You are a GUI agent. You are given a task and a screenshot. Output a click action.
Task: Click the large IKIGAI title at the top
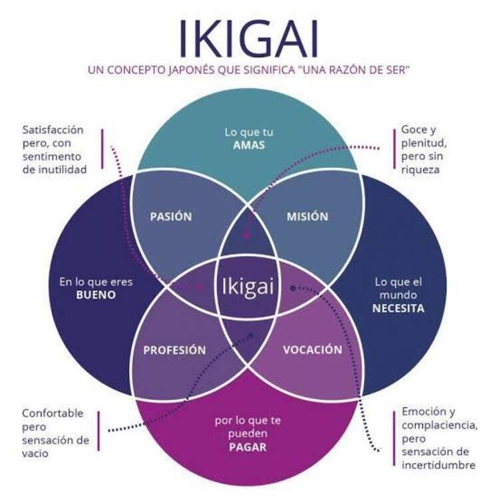249,39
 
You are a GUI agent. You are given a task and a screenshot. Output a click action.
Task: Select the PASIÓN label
171,216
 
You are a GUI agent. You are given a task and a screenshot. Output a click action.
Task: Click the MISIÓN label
307,216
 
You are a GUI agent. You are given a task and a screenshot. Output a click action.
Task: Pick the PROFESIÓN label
174,350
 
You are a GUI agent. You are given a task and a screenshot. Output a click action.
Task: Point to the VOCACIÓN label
313,349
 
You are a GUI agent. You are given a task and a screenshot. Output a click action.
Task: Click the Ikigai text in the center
248,287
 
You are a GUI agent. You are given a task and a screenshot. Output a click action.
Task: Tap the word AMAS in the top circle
249,145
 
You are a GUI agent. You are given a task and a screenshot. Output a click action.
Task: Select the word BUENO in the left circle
96,295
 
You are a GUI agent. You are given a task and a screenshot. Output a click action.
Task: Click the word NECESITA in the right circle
399,308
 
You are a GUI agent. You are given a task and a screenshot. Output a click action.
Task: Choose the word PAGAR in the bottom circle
248,447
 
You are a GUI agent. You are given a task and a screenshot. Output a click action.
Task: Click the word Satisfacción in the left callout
53,130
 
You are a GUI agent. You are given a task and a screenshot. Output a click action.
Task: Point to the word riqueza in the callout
420,170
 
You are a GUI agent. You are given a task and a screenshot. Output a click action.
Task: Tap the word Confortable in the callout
53,413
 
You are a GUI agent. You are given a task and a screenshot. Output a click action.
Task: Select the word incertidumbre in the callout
438,465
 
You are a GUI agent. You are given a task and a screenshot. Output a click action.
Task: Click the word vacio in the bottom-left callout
35,454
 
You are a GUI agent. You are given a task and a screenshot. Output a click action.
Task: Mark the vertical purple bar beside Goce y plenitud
395,149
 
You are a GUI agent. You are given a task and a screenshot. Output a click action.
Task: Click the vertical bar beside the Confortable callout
98,431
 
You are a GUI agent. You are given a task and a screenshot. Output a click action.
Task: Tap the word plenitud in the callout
424,143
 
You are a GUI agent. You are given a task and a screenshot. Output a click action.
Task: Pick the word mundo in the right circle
398,295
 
